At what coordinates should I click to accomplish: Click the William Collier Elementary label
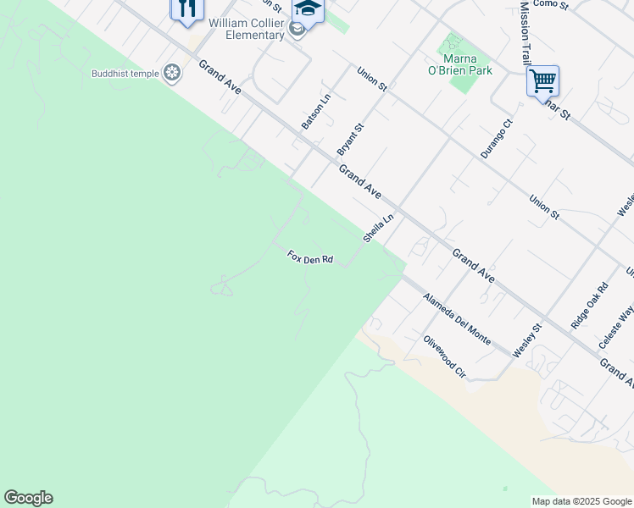246,29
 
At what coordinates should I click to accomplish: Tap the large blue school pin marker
308,11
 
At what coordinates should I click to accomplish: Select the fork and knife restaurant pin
186,8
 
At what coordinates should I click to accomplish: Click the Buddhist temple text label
125,74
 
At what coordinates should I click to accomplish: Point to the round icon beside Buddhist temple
173,74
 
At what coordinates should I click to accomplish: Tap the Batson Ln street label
316,112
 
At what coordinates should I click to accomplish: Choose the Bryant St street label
350,139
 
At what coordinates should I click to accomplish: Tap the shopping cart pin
542,82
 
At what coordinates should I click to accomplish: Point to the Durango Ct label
497,139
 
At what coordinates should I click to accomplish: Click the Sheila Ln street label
379,229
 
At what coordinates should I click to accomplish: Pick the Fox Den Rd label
309,257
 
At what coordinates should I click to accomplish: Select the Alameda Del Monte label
456,319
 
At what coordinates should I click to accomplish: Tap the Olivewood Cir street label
445,356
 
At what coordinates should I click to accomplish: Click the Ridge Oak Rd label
589,306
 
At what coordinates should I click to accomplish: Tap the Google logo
28,498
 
